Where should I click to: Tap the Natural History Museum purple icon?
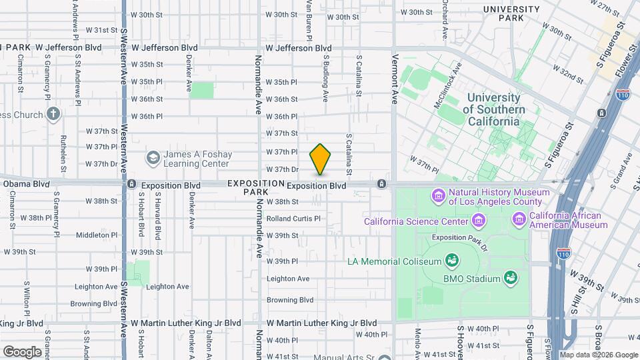439,195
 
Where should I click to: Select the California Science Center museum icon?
478,221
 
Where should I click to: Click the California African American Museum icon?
519,219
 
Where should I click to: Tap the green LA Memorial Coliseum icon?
452,259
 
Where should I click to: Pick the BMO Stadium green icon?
511,277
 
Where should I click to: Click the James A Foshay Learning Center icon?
153,158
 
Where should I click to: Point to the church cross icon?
54,114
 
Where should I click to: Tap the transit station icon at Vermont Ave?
381,183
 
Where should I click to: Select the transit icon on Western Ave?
132,184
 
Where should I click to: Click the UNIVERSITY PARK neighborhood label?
511,13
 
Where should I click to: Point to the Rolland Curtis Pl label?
293,218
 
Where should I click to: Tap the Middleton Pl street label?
97,235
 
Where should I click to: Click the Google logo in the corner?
22,351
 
